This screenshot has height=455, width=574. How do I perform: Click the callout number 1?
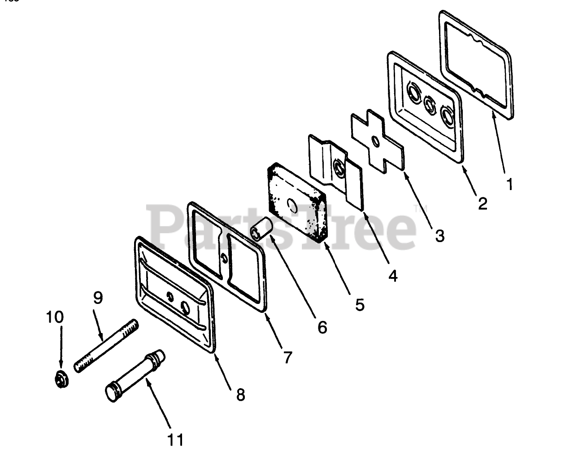[x=509, y=183]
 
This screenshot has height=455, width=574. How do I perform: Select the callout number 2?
[x=482, y=204]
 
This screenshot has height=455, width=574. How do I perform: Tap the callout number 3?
[x=439, y=235]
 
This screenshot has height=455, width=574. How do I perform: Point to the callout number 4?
[x=393, y=276]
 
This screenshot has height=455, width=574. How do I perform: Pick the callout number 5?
[x=360, y=304]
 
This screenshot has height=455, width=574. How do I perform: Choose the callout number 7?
[x=287, y=357]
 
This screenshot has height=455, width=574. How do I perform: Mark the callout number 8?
[x=240, y=394]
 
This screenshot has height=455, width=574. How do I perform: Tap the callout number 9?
[x=98, y=297]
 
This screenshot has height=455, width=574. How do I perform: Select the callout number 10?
[x=55, y=317]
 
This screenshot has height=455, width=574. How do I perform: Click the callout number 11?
[x=175, y=440]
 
